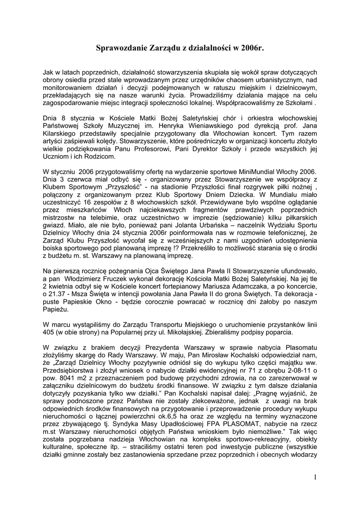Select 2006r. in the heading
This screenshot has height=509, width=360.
click(251, 48)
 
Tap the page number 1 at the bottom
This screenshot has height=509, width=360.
click(315, 478)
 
